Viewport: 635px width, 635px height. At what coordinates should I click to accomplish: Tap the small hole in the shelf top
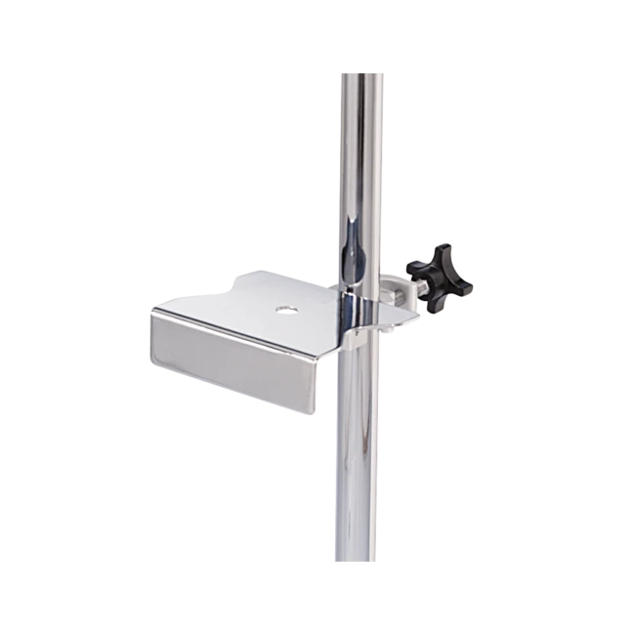tap(284, 310)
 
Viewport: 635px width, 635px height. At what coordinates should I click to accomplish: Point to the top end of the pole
tap(360, 73)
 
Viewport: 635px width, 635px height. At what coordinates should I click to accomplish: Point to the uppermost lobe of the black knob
tap(442, 248)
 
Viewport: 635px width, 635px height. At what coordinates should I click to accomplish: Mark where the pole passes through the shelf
tap(360, 311)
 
